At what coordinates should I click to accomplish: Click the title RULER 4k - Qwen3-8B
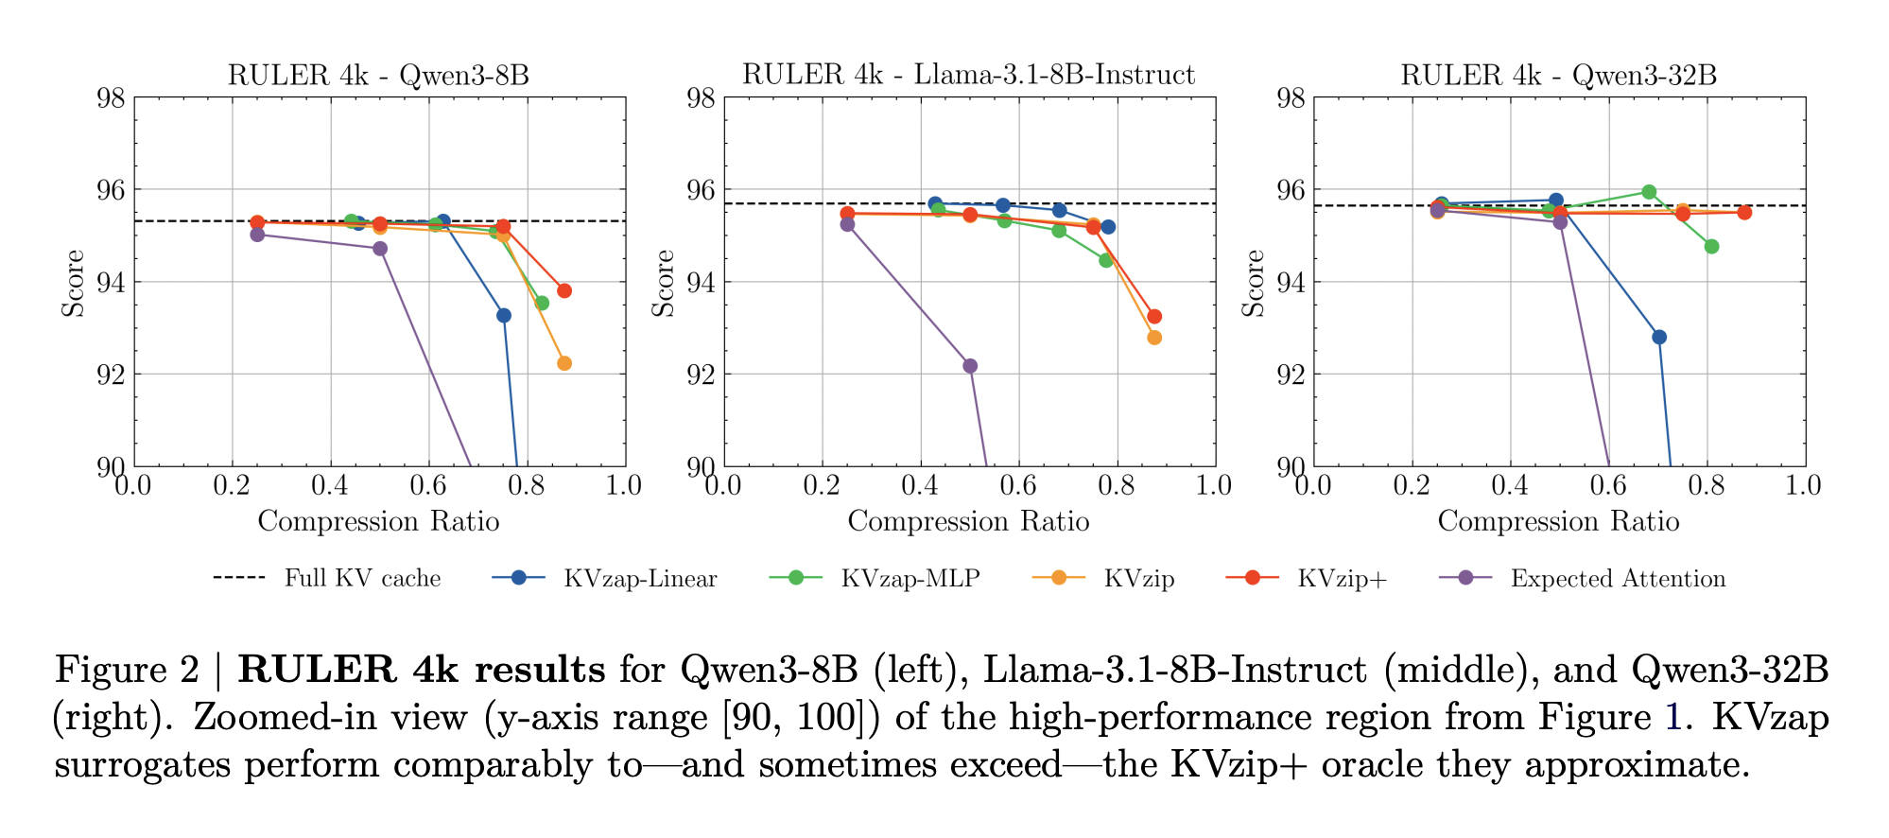[x=378, y=75]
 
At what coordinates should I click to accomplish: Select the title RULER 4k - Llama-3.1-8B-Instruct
[x=968, y=75]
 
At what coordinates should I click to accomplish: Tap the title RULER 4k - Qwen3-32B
[x=1558, y=75]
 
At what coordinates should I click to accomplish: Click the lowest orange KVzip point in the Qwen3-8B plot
[x=564, y=363]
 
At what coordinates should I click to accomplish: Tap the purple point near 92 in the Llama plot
[x=970, y=366]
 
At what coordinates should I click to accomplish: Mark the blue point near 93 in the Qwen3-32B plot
[x=1659, y=337]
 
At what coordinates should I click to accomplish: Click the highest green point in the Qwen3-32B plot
[x=1649, y=192]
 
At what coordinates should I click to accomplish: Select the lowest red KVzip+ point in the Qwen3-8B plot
[x=564, y=290]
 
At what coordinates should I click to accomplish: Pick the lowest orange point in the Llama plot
[x=1154, y=338]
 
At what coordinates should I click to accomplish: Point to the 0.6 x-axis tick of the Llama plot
[x=1018, y=486]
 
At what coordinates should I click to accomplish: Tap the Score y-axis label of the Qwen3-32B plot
[x=1253, y=283]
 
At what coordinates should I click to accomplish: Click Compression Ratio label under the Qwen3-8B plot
[x=378, y=521]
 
